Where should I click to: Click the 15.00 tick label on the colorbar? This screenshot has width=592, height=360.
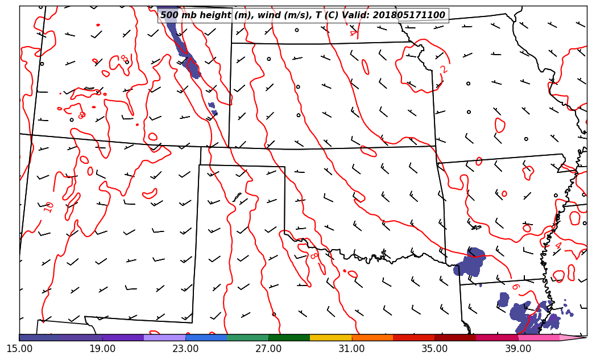[19, 348]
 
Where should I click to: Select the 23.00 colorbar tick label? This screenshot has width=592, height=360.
[185, 348]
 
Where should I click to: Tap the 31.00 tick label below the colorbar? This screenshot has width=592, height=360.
[351, 348]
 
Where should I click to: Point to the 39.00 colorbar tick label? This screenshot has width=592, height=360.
[518, 348]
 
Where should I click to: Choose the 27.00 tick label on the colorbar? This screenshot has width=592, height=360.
[268, 348]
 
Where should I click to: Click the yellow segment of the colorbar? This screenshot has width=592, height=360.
[331, 337]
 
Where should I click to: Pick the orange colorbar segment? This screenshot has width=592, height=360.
[372, 337]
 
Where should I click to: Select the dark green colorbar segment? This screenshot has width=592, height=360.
[289, 337]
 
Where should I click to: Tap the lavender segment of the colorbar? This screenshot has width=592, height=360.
[165, 337]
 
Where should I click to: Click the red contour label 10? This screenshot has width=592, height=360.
[48, 208]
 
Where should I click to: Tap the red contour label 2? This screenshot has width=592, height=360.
[444, 69]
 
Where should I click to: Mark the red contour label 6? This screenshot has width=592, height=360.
[516, 287]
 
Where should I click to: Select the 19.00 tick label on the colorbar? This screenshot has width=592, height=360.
[102, 348]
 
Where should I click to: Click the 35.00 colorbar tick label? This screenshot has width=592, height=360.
[434, 348]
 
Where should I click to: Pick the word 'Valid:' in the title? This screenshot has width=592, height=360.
[355, 15]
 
